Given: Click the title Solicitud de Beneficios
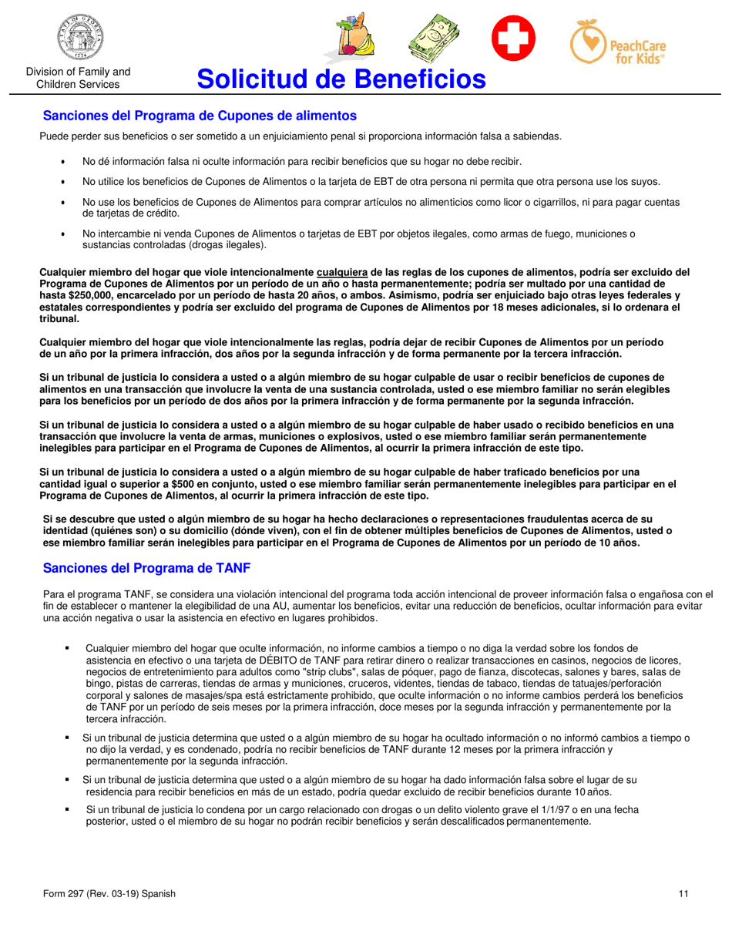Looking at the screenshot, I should click(341, 79).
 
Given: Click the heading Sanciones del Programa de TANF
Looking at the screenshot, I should click(146, 568).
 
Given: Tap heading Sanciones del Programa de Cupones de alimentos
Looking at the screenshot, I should click(200, 116).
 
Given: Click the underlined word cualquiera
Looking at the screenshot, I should click(342, 271).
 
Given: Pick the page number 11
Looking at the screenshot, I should click(683, 894).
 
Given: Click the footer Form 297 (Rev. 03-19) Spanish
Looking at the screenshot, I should click(109, 894).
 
